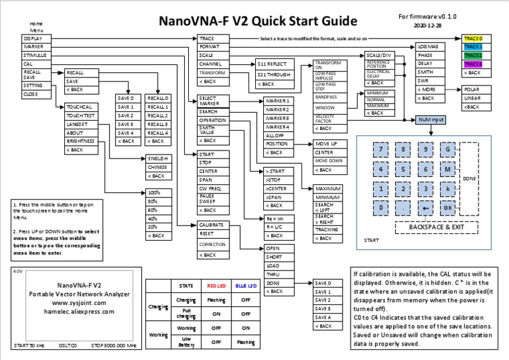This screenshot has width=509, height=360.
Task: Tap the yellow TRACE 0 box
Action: coord(473,39)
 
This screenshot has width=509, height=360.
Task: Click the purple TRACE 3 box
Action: coord(473,64)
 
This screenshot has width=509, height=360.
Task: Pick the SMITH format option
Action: coord(426,72)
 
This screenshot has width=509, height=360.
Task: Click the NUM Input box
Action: coord(429,120)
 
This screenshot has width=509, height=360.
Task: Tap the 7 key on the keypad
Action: coord(380,150)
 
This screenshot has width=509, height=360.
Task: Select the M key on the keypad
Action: coord(448,168)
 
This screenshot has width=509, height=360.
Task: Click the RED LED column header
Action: coord(216,286)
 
